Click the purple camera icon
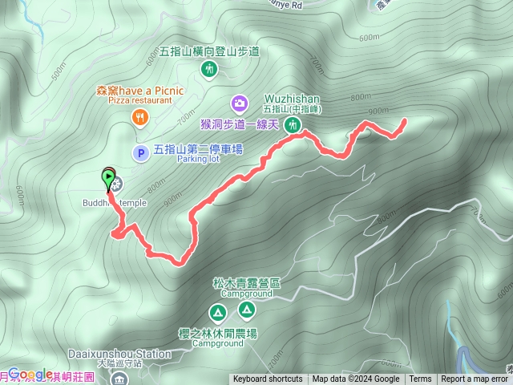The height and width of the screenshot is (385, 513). tap(239, 102)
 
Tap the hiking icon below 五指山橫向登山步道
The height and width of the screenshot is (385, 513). tap(209, 71)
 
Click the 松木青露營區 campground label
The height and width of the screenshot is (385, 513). tap(246, 283)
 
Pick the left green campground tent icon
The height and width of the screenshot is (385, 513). tap(217, 311)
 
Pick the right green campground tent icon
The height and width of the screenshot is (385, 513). tap(246, 309)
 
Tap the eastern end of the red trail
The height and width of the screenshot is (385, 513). tap(403, 121)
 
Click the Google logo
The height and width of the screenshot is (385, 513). tap(30, 374)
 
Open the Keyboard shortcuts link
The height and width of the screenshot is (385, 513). tap(268, 379)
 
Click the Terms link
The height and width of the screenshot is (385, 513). tap(420, 379)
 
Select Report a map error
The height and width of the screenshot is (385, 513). tap(476, 379)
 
